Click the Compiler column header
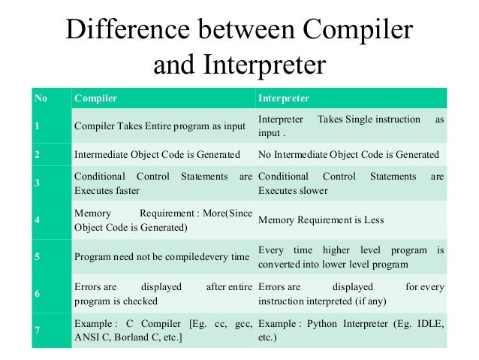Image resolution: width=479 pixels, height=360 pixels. tap(95, 98)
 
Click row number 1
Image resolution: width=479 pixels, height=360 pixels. tap(37, 126)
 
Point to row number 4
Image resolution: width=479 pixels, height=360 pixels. tap(37, 219)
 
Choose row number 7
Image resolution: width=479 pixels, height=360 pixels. tap(37, 330)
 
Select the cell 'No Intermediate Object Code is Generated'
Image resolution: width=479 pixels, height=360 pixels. tap(348, 154)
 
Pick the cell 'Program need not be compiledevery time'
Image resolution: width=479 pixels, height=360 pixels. tap(161, 257)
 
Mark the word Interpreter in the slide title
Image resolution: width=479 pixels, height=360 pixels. tap(262, 65)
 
